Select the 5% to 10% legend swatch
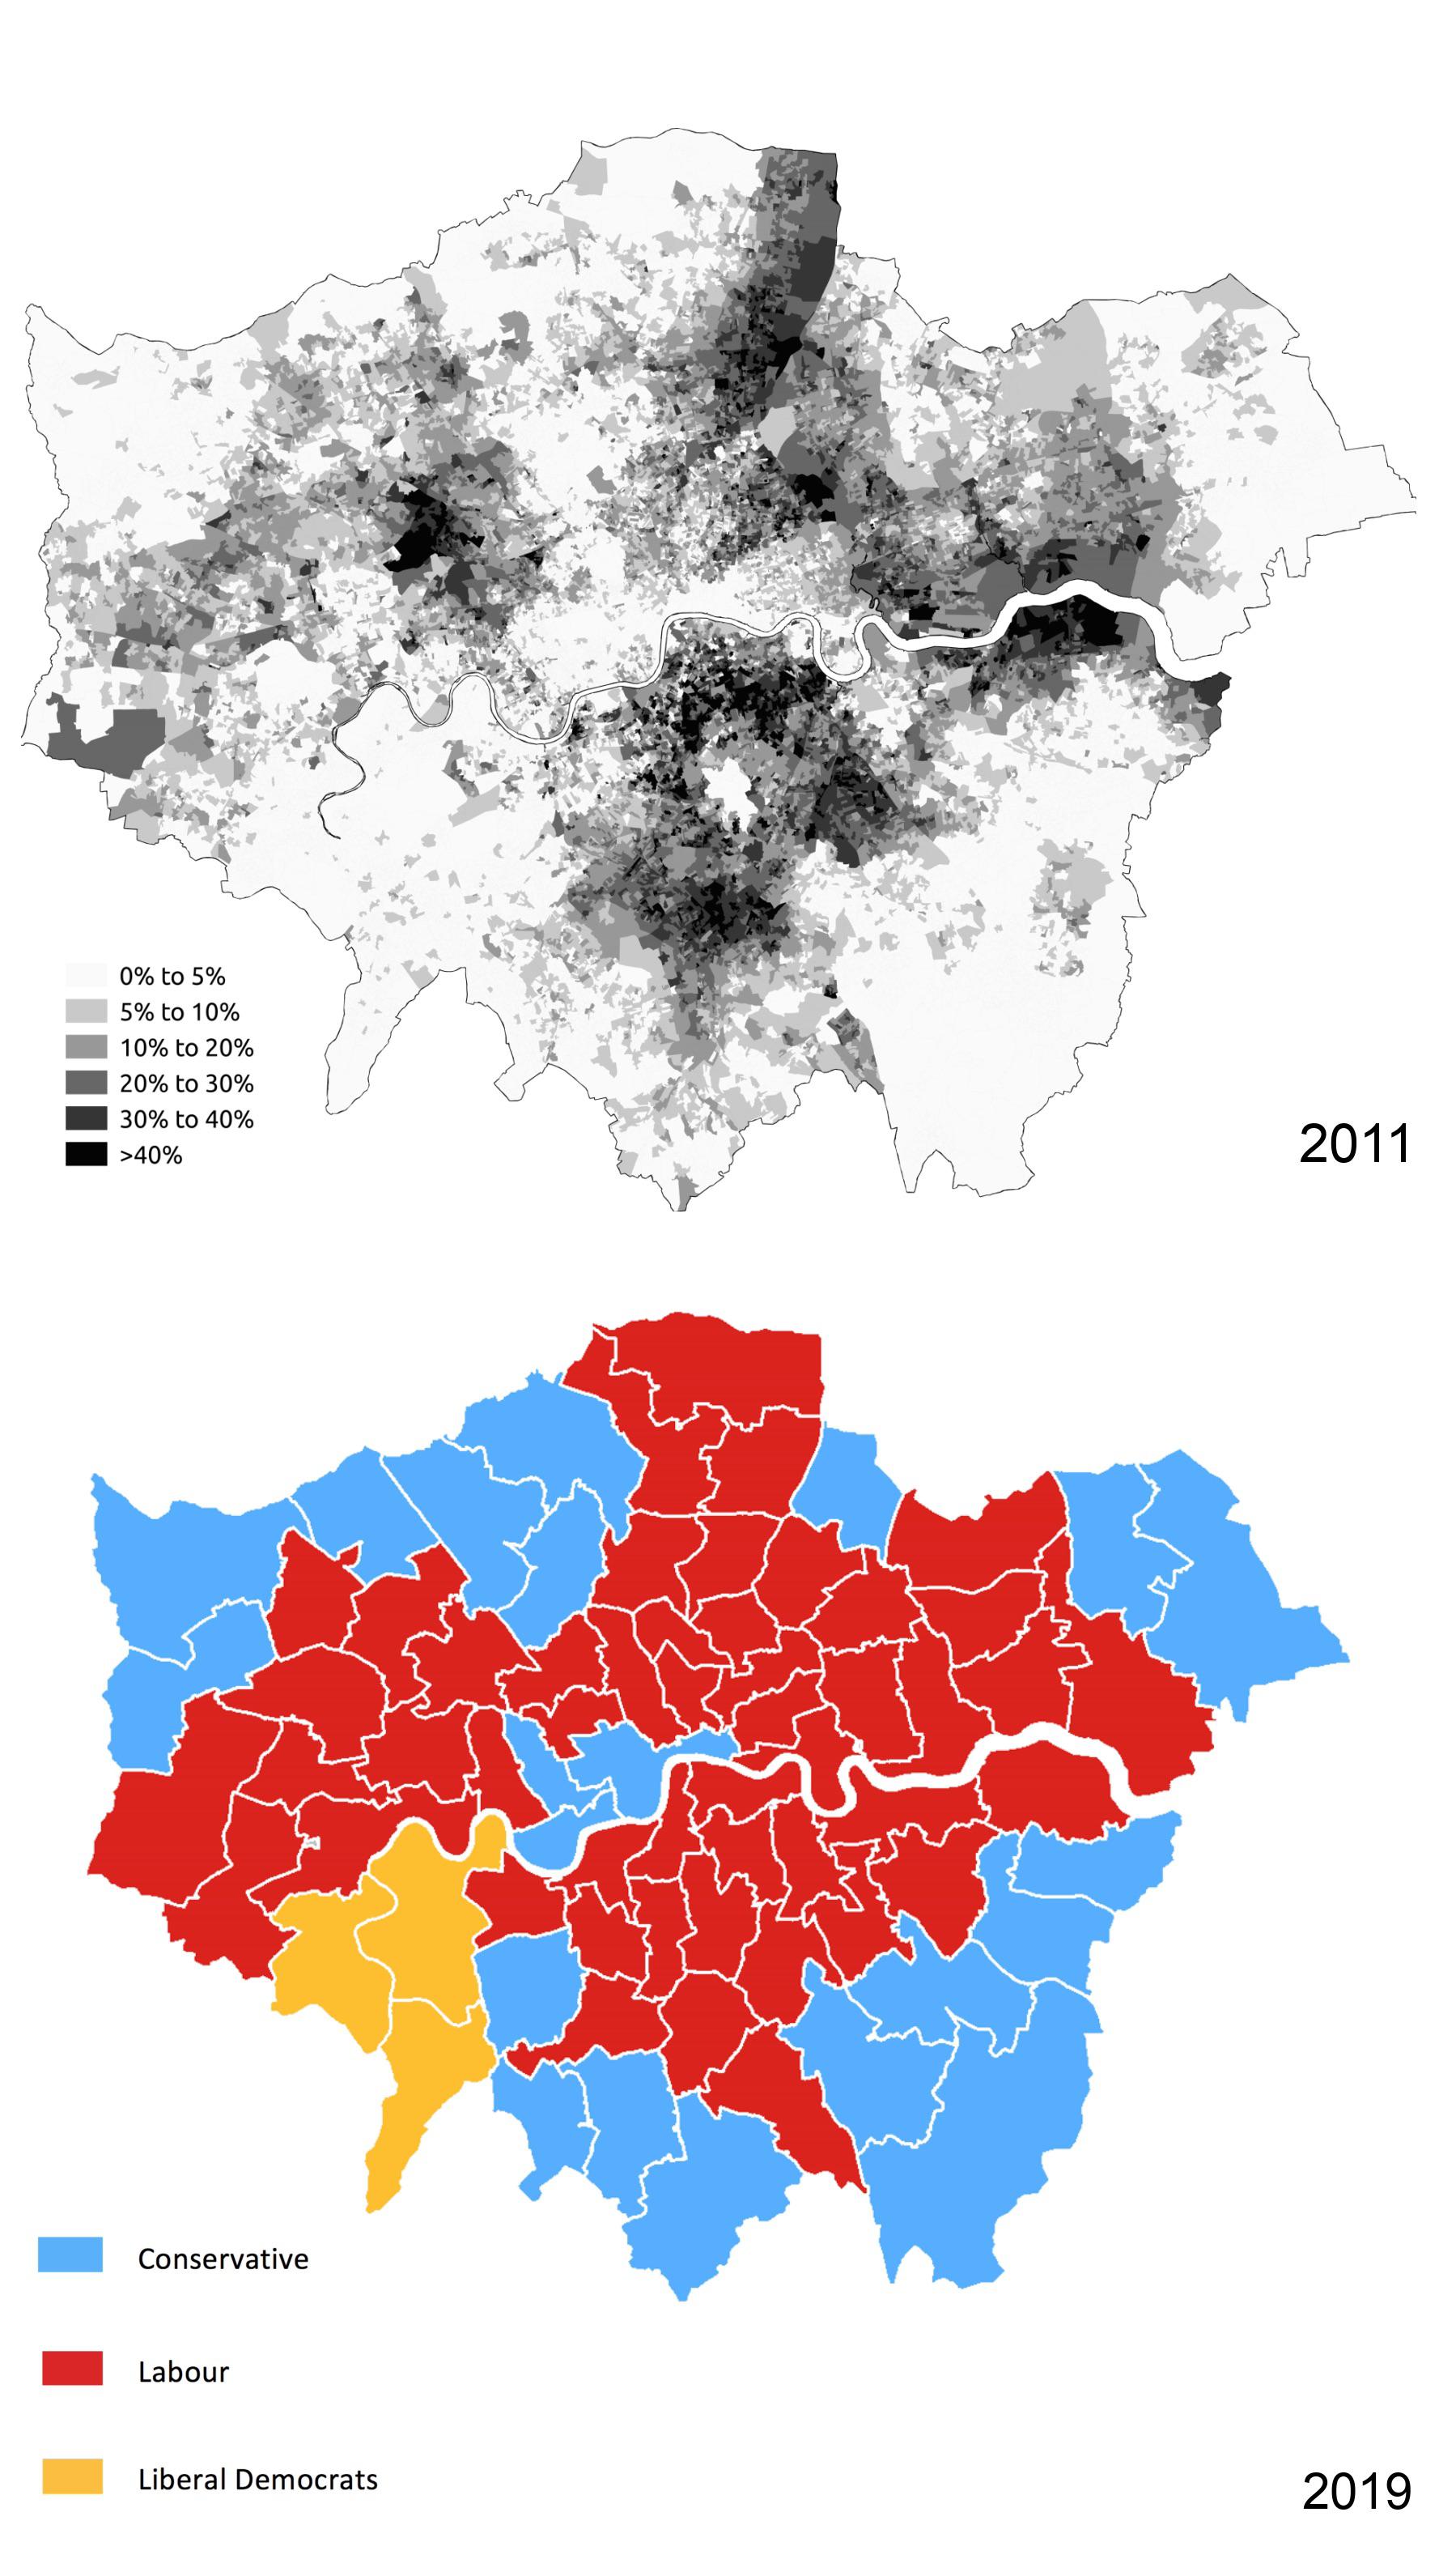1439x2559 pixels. tap(86, 1012)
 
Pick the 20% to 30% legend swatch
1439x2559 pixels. tap(86, 1084)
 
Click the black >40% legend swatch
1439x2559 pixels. tap(86, 1154)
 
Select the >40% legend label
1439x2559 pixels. tap(151, 1156)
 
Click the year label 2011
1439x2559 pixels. tap(1355, 1144)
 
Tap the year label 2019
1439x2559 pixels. tap(1356, 2493)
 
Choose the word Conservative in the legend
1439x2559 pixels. tap(223, 2259)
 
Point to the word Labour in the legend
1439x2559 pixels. tap(183, 2372)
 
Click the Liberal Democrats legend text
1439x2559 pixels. tap(257, 2480)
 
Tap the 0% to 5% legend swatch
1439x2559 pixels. tap(86, 976)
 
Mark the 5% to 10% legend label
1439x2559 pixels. tap(179, 1012)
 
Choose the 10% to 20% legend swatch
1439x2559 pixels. tap(86, 1048)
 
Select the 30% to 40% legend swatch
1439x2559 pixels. tap(86, 1118)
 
